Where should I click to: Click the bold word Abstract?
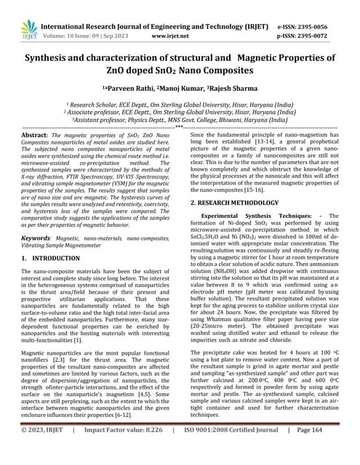point(35,135)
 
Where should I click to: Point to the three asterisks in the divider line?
point(180,127)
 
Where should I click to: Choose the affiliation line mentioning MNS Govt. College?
point(179,121)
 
